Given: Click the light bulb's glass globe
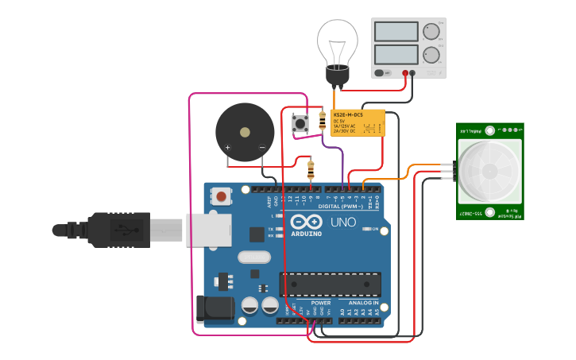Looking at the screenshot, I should pos(338,41).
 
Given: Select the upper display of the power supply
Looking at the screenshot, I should pos(396,31).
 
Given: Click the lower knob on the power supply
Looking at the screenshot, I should pos(431,55).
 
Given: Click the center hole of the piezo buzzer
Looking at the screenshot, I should pos(245,132).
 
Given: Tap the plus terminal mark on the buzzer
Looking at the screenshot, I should pos(228,148).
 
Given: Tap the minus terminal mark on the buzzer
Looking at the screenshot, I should pos(261,148).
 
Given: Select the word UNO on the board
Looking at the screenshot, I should pos(343,223).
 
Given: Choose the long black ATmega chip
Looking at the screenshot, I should pos(330,284).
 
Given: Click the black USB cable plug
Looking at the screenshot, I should pos(119,230).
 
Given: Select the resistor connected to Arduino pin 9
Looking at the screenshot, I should pos(310,168).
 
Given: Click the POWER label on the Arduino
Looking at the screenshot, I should pos(321,303).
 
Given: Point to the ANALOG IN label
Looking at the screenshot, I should pos(365,303).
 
